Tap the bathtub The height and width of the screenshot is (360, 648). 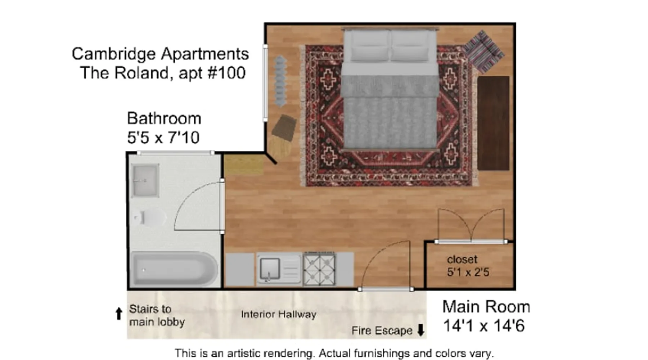[174, 269]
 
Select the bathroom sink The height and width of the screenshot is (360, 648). [145, 180]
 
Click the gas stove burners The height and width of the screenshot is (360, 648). [320, 269]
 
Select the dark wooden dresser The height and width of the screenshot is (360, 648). [494, 123]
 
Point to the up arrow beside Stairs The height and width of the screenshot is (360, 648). [119, 314]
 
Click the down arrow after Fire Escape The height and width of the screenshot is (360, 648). [420, 330]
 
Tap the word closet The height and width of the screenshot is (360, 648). [462, 259]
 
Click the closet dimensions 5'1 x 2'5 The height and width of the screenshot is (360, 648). [468, 272]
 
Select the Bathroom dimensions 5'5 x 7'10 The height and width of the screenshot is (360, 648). [163, 138]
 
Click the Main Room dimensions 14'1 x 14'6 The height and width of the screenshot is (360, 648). [483, 326]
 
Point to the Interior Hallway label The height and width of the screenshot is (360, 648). [279, 314]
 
